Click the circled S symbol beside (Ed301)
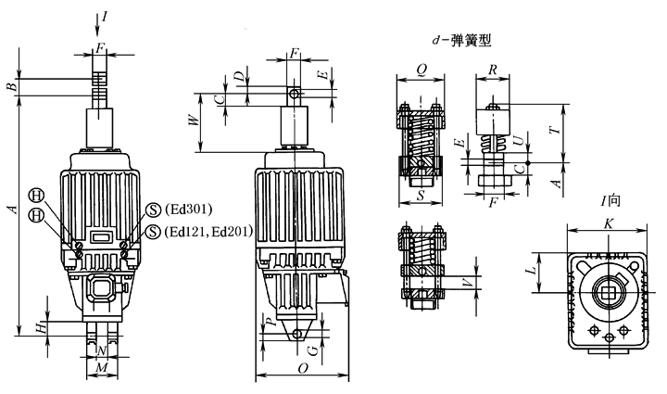coord(152,208)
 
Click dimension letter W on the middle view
coord(194,120)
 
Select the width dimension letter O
coord(302,369)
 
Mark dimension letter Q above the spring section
coord(422,70)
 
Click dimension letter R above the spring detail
coord(495,70)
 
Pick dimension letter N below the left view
coord(103,351)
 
